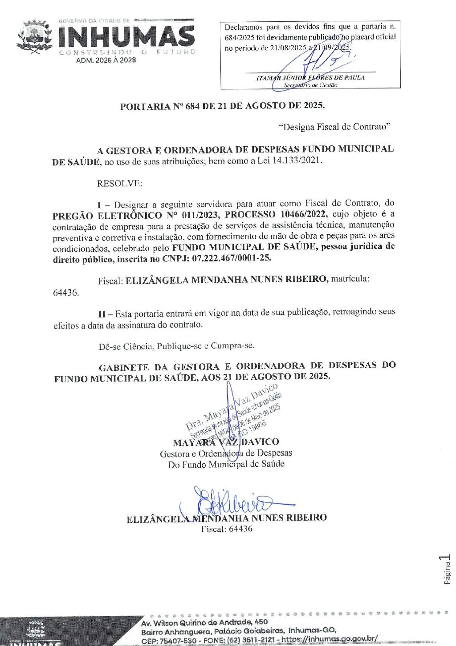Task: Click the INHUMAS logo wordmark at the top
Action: (x=126, y=37)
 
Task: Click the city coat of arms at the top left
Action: (x=34, y=36)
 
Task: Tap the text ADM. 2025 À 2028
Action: (x=106, y=60)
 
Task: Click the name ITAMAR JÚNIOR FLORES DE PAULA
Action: (x=310, y=78)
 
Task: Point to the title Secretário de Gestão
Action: (x=310, y=85)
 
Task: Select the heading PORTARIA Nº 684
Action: (x=222, y=106)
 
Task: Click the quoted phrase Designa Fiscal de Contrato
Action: (x=334, y=127)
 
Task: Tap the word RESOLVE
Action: (x=120, y=183)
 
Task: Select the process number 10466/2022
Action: (x=303, y=214)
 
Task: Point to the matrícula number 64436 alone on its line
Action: (x=66, y=293)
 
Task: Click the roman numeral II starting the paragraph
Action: (x=102, y=313)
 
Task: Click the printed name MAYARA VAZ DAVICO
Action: (x=226, y=442)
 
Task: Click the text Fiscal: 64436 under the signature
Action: (x=227, y=529)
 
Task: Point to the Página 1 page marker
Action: (x=447, y=569)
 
